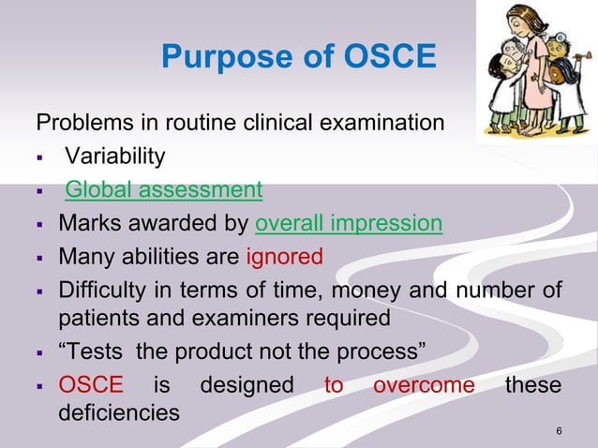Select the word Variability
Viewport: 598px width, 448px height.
click(115, 157)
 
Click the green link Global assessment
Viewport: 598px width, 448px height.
click(163, 190)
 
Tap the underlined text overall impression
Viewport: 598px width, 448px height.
click(348, 223)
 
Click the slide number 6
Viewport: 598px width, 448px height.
click(560, 431)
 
